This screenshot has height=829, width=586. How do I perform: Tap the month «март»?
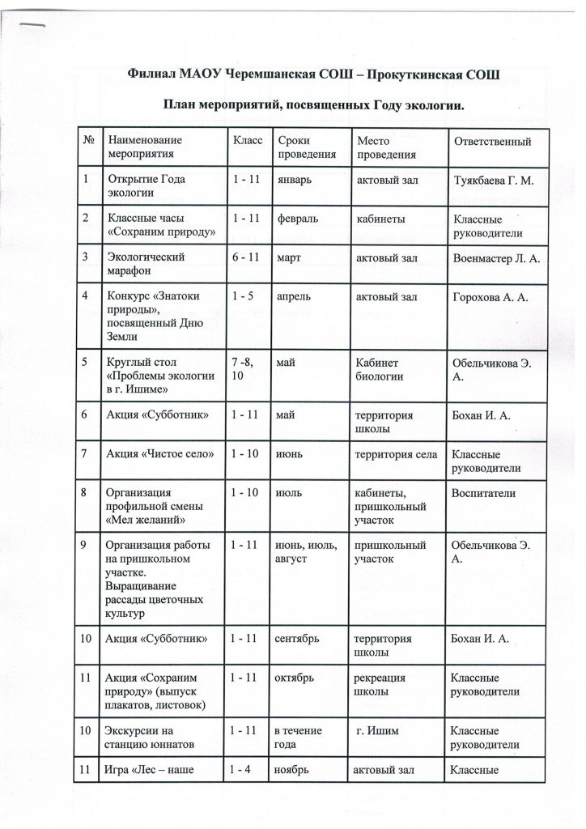[288, 258]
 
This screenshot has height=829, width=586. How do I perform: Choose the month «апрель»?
[294, 298]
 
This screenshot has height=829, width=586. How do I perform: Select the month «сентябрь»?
[299, 640]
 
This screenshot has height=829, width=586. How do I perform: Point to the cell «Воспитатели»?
[486, 492]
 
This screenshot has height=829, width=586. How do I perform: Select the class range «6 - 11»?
[244, 258]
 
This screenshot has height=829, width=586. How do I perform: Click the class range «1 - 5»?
[240, 298]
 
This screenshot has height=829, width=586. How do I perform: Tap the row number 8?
[83, 492]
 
